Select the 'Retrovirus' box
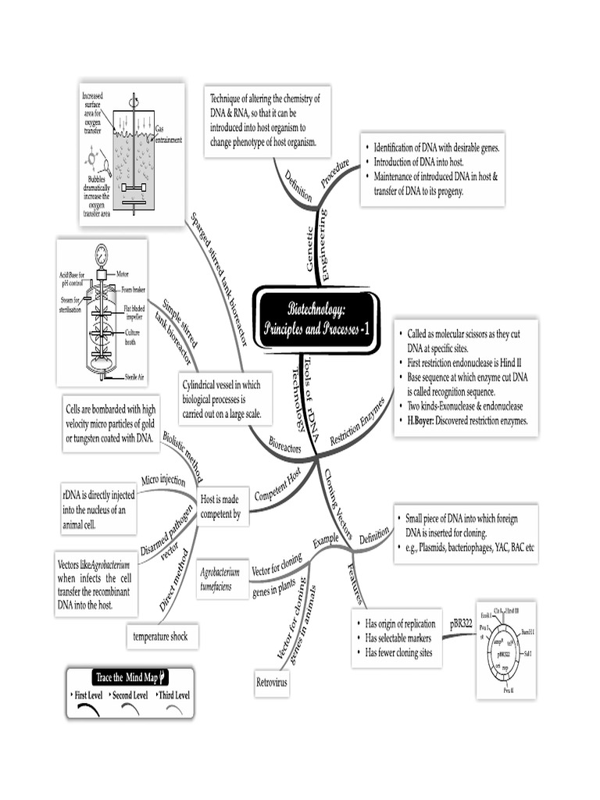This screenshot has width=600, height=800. [273, 683]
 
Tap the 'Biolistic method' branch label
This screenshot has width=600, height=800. [182, 455]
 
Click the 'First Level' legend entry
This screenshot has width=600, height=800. [91, 695]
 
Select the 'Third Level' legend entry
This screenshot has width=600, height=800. [173, 695]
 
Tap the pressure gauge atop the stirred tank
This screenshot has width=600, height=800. [102, 255]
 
